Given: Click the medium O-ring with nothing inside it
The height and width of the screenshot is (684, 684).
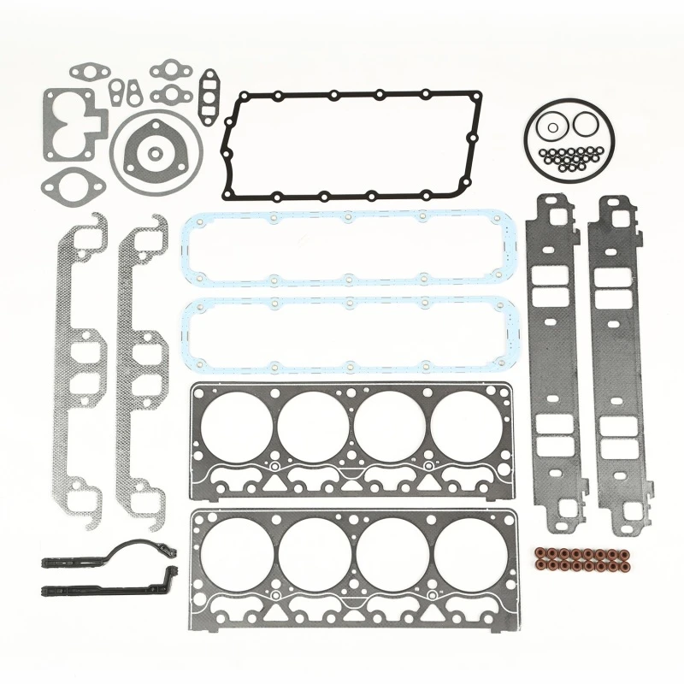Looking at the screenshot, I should pyautogui.click(x=587, y=124).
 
